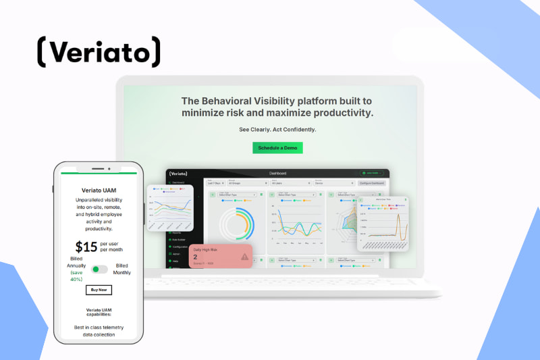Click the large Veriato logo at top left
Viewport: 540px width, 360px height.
(x=99, y=52)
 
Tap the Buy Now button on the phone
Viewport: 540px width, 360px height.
(x=99, y=290)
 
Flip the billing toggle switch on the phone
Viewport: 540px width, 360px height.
(x=99, y=269)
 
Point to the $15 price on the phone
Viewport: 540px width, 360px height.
(x=86, y=247)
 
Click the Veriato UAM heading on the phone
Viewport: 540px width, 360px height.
(x=99, y=190)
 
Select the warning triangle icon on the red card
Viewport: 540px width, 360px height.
(x=244, y=257)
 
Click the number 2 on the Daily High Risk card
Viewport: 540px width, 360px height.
(x=196, y=257)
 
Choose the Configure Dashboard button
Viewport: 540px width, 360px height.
(x=372, y=183)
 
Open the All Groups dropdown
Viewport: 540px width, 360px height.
(x=246, y=183)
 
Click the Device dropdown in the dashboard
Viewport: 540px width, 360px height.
(x=333, y=183)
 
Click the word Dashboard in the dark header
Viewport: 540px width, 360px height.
(x=277, y=174)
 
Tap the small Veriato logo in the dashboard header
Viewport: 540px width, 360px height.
(x=178, y=174)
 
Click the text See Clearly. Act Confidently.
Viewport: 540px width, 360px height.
(x=277, y=129)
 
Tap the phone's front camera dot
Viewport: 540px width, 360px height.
(x=109, y=168)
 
